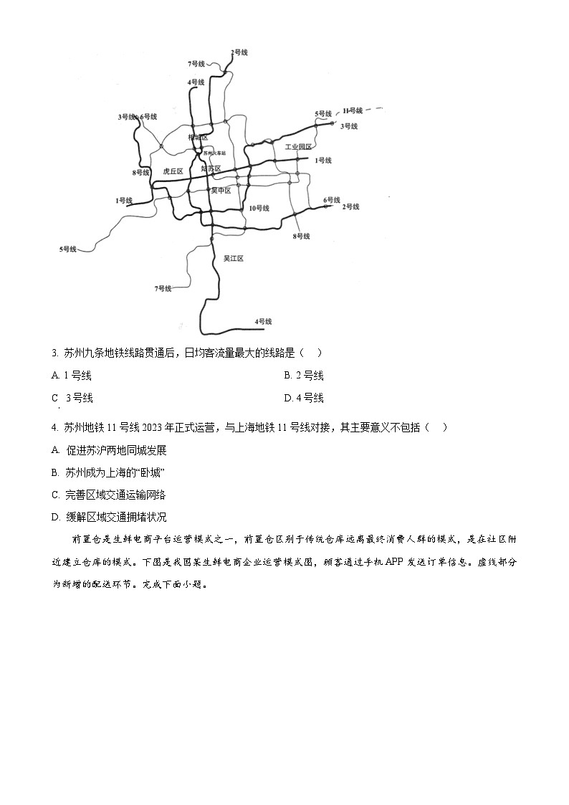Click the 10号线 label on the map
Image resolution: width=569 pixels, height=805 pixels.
coord(259,208)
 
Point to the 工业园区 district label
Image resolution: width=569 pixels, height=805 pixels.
coord(299,146)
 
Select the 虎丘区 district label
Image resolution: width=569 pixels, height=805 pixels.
coord(173,171)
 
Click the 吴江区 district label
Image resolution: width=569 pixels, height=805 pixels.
coord(234,258)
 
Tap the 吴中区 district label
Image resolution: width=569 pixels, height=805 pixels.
coord(221,190)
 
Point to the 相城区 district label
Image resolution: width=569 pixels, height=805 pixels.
coord(198,137)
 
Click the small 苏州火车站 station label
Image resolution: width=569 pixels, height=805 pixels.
coord(214,153)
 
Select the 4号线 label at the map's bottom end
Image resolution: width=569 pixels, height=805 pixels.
coord(264,322)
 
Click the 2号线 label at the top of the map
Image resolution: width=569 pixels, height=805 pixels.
coord(239,52)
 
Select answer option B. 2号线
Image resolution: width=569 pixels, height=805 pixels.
coord(304,376)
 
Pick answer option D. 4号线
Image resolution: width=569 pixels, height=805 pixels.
coord(304,398)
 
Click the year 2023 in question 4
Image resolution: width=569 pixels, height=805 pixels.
coord(153,427)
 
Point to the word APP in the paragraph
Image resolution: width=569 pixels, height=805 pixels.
coord(395,562)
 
